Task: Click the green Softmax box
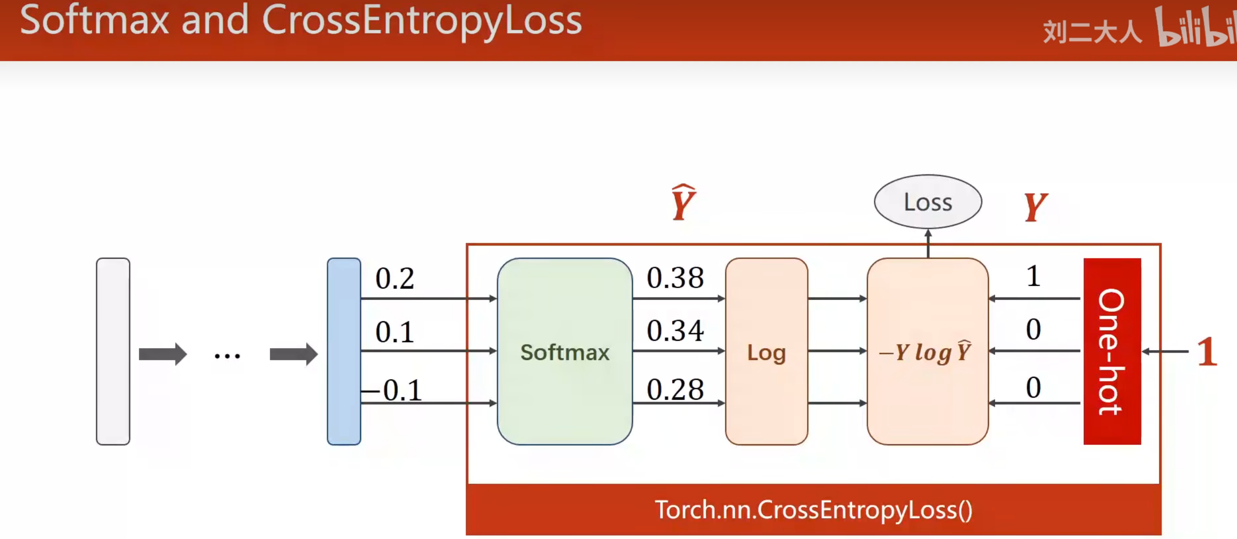pos(564,351)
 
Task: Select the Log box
pos(766,351)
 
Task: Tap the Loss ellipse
pos(928,201)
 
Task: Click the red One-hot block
pos(1112,351)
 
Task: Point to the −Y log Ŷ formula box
pos(928,351)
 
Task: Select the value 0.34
pos(675,331)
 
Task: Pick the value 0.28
pos(675,389)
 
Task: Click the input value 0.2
pos(394,278)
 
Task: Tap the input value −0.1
pos(392,390)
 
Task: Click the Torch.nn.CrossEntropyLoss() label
pos(813,510)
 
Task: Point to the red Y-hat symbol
pos(683,202)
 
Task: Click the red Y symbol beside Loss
pos(1036,207)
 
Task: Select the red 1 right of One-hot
pos(1207,352)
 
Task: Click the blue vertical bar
pos(344,351)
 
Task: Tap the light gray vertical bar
pos(113,351)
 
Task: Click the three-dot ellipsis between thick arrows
pos(227,356)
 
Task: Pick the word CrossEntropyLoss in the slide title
pos(422,21)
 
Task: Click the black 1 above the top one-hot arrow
pos(1033,276)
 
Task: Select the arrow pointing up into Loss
pos(928,243)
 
